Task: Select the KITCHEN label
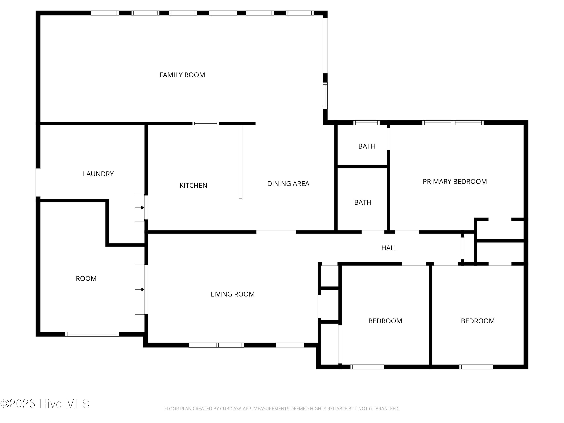pos(193,185)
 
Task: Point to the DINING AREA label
pos(288,183)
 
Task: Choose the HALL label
pos(389,248)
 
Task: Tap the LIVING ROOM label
pos(233,294)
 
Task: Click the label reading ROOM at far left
pos(86,278)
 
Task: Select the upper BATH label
pos(367,146)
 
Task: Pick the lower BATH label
pos(363,202)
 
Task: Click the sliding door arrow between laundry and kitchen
pos(140,208)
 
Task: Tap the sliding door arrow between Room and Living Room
pos(140,289)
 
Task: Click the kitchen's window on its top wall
pos(205,123)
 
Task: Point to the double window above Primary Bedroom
pos(453,123)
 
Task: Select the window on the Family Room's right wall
pos(325,96)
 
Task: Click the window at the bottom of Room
pos(92,334)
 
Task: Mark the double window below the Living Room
pos(216,345)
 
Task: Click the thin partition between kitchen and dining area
pos(240,162)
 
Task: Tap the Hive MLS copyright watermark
pos(45,404)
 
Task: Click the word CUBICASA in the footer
pos(231,409)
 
